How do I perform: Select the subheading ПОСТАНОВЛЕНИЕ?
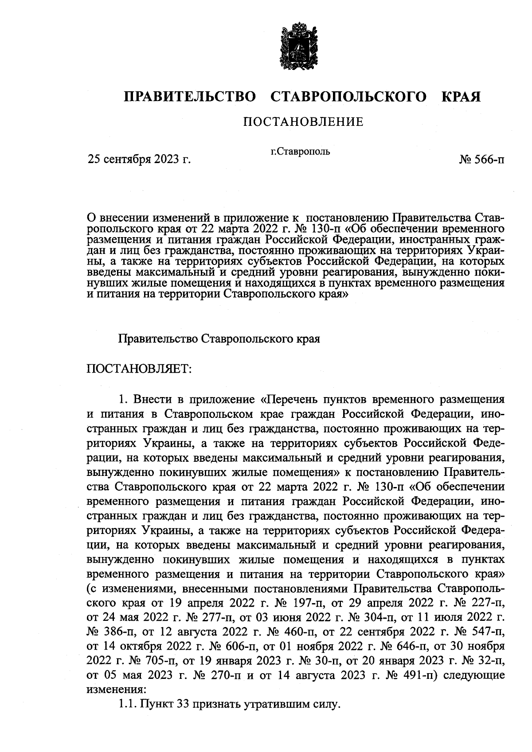(x=303, y=121)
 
